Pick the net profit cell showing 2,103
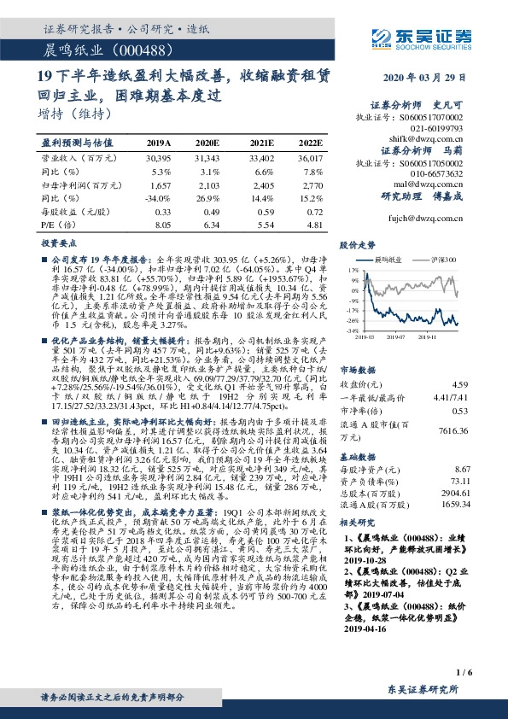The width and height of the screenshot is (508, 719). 220,184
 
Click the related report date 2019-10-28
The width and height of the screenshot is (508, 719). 368,563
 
